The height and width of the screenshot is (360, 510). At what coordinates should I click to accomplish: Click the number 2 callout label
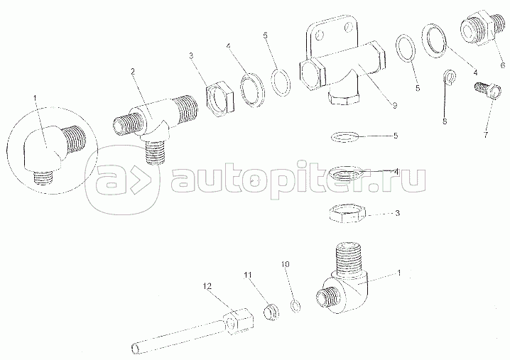coord(133,72)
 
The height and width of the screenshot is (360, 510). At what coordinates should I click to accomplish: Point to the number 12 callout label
coord(207,286)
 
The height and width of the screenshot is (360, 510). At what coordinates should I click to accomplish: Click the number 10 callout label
coord(286,265)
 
